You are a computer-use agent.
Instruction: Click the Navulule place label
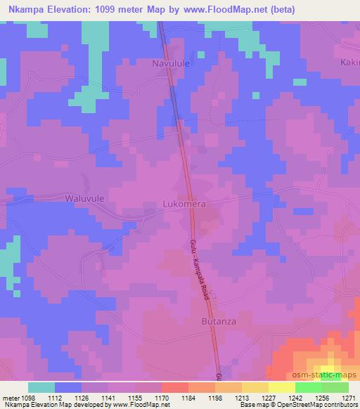(172, 63)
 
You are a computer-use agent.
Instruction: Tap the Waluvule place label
(84, 199)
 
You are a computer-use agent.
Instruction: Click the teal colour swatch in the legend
(42, 387)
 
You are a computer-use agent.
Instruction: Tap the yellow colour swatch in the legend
(281, 387)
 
